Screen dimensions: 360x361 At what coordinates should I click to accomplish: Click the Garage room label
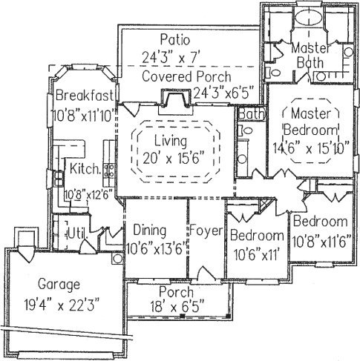(x=59, y=285)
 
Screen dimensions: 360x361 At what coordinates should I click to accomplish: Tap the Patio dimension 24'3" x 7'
(x=171, y=59)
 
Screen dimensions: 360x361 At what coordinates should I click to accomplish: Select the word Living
(x=171, y=142)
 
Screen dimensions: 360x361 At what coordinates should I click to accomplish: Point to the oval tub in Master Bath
(x=309, y=18)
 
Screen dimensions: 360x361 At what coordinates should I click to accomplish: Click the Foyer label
(x=206, y=231)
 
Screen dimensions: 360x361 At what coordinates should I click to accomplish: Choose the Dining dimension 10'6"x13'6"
(x=156, y=249)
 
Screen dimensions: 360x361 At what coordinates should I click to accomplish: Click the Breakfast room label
(x=85, y=96)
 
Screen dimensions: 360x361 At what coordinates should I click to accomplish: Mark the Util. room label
(x=77, y=233)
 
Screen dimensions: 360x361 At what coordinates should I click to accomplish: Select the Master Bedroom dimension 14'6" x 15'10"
(x=311, y=148)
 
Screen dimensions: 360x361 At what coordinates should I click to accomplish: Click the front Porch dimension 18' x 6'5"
(x=177, y=307)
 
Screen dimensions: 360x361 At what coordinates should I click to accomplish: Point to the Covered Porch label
(x=186, y=76)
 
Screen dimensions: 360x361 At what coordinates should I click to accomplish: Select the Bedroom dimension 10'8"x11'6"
(x=322, y=242)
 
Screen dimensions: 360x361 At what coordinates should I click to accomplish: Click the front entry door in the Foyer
(x=204, y=274)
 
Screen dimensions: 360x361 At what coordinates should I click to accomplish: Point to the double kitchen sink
(x=59, y=179)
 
